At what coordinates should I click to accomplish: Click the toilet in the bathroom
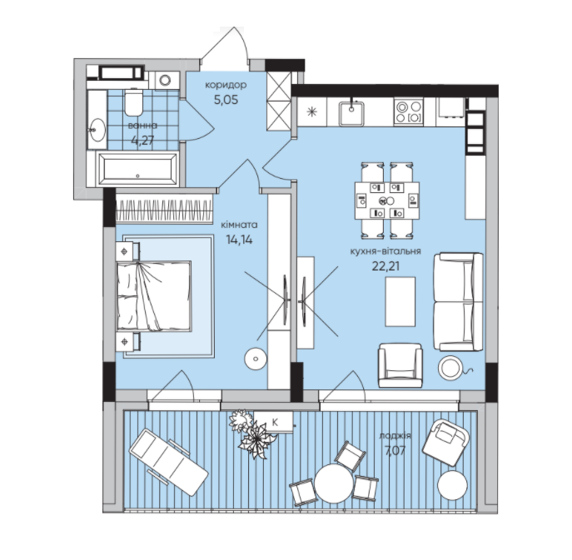(133, 103)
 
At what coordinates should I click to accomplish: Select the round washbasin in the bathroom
(97, 130)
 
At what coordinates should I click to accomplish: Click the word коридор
(226, 87)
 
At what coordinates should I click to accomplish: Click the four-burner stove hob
(408, 112)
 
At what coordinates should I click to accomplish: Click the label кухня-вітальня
(384, 250)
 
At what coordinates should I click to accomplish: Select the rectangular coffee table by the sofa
(401, 300)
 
